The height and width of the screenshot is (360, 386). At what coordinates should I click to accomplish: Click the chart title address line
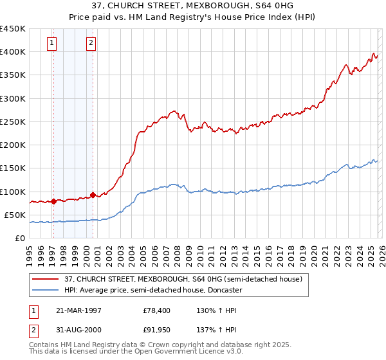coord(193,6)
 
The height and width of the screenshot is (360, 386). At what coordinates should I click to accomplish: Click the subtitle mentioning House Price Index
coord(193,17)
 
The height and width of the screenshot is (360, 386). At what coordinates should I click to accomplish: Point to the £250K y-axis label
coord(13,122)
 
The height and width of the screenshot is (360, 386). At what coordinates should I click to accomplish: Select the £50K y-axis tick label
coord(15,215)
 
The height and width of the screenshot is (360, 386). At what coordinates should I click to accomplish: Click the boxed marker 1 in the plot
coord(52,43)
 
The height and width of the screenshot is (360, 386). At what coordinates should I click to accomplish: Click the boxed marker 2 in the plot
coord(91,43)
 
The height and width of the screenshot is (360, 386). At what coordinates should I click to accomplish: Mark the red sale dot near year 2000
coord(93,195)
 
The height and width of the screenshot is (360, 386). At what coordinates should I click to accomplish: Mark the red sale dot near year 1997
coord(54,201)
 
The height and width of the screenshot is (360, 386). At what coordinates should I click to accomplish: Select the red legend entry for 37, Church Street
coord(183,279)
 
